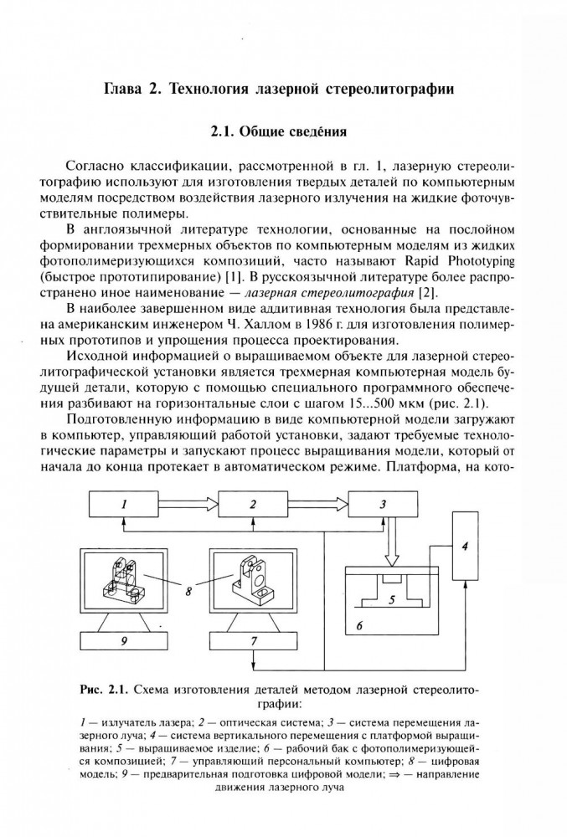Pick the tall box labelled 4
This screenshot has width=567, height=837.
tap(466, 547)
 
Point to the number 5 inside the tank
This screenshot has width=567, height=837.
tap(391, 599)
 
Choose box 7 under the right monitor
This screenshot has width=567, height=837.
tap(253, 642)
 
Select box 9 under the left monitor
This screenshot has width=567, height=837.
tap(123, 642)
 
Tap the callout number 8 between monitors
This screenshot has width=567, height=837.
tap(189, 590)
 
